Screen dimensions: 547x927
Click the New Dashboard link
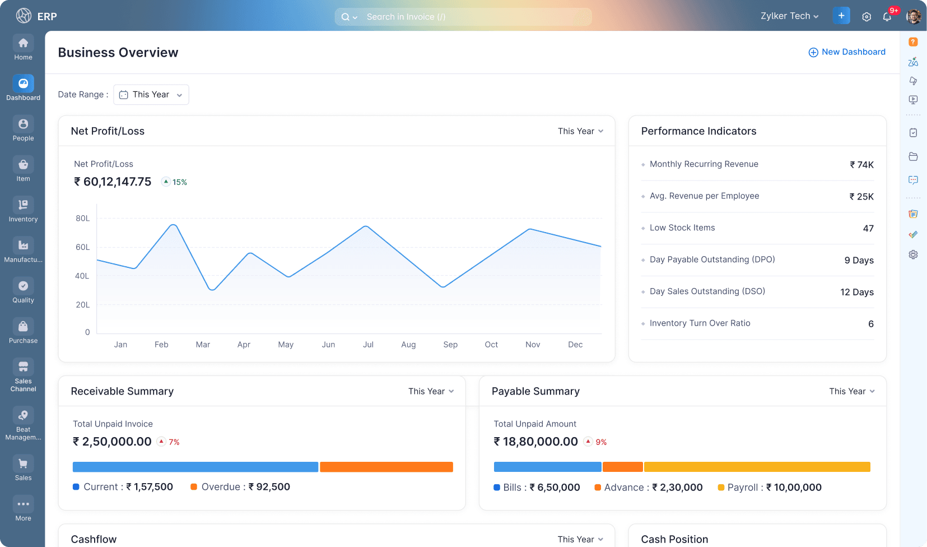(847, 52)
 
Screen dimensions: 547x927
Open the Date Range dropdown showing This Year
(151, 95)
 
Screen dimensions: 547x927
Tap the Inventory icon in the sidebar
(23, 205)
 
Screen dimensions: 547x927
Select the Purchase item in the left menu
(23, 331)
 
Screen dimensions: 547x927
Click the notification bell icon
(887, 16)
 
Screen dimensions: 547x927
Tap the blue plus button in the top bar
(841, 16)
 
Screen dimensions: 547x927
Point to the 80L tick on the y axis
(83, 219)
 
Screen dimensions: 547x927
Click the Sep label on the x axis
(450, 345)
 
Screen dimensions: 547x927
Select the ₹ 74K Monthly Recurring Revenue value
(861, 165)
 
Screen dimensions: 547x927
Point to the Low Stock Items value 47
(868, 228)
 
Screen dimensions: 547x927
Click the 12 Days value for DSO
(856, 292)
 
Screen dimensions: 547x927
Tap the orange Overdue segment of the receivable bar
(386, 467)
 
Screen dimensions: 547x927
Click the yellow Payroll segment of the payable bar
(757, 467)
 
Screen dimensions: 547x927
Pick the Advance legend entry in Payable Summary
(649, 488)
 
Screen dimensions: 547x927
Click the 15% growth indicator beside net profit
(174, 182)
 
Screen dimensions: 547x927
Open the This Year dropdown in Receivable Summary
(431, 391)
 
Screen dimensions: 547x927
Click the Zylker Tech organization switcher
(789, 16)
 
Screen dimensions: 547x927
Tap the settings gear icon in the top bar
(867, 17)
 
